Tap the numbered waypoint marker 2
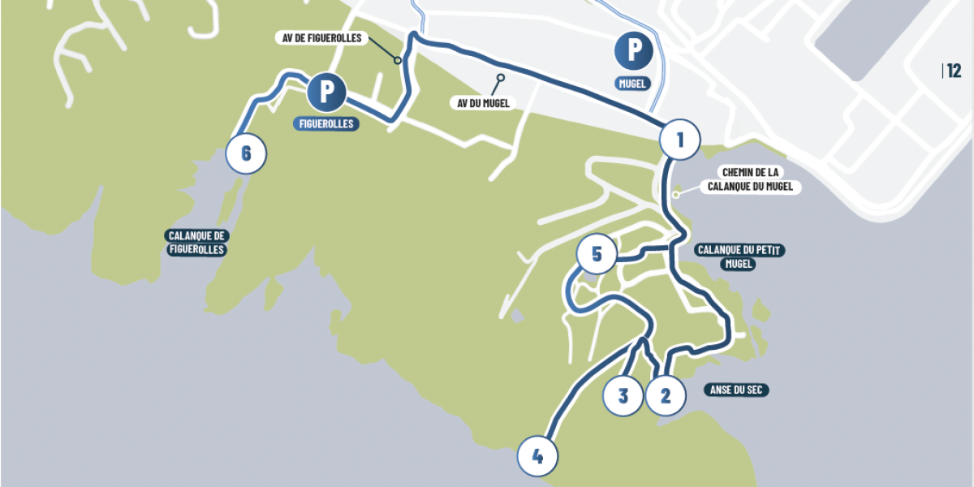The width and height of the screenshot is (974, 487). (666, 396)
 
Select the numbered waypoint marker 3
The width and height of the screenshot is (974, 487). (623, 396)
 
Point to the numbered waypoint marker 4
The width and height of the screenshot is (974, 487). (537, 457)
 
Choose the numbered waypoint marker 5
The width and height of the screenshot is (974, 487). (597, 255)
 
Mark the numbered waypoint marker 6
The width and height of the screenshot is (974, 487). (246, 153)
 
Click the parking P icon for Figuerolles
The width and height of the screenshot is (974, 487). (326, 92)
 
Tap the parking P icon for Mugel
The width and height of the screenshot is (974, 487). (634, 50)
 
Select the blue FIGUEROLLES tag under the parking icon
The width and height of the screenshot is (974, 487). (326, 124)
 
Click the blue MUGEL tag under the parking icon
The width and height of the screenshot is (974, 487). (634, 82)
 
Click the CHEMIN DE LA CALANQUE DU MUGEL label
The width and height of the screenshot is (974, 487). (750, 179)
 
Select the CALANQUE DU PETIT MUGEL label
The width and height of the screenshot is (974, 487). (739, 256)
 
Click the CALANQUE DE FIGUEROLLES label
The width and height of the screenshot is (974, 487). (197, 243)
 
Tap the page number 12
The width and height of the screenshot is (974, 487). (954, 71)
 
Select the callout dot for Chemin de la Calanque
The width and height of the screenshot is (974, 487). (676, 194)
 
